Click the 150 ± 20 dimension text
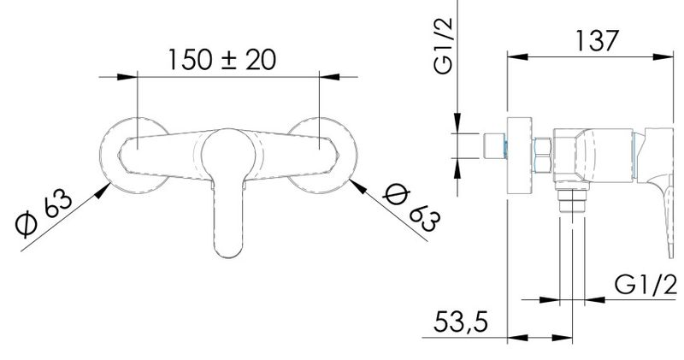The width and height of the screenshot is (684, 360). pos(222,60)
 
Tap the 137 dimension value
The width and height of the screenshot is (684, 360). pos(597,40)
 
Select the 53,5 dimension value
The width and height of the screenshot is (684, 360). pos(461,322)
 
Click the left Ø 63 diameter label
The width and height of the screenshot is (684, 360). pos(44,213)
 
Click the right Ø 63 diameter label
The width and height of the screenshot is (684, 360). pos(412,208)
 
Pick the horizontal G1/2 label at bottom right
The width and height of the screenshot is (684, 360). pos(646,285)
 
